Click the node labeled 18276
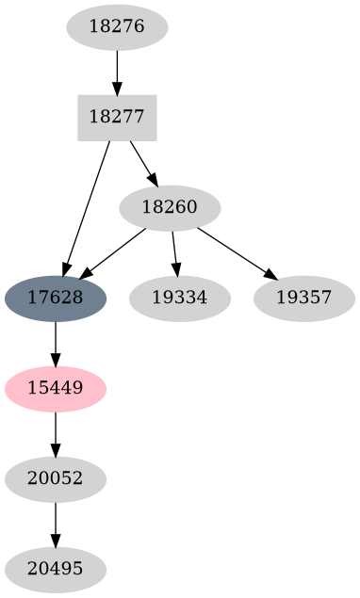[117, 26]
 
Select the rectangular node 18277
[117, 117]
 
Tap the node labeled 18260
[170, 207]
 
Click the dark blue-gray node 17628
[56, 298]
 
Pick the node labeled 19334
[179, 298]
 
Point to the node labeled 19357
[303, 298]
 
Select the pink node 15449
[56, 388]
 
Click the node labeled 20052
[56, 478]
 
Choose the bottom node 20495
[56, 569]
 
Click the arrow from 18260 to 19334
[174, 252]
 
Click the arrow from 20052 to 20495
[56, 524]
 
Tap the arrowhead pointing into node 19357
[271, 275]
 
